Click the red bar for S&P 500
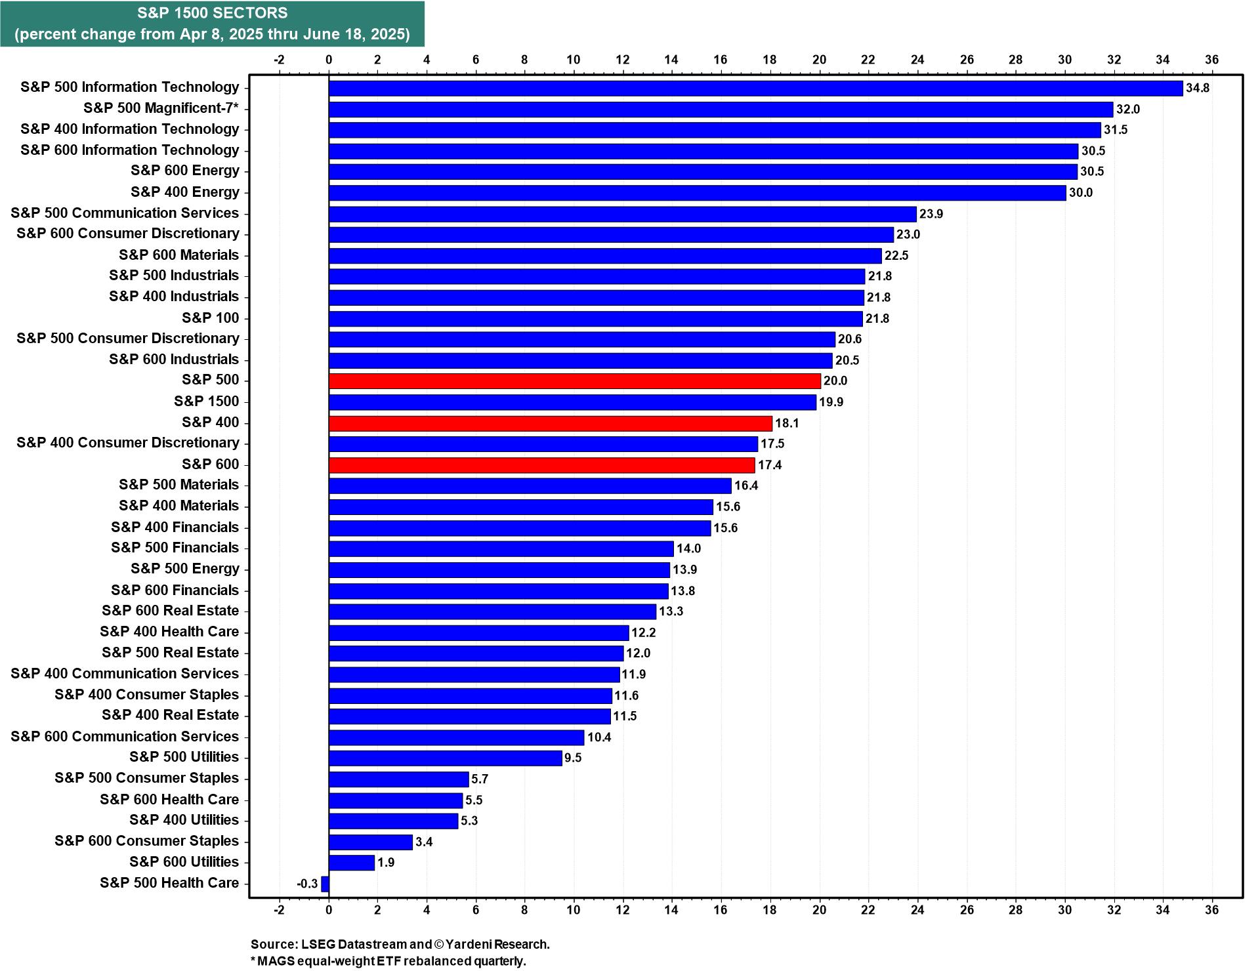click(x=574, y=381)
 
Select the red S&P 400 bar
click(x=550, y=423)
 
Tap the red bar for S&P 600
click(x=541, y=465)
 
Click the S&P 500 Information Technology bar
click(x=755, y=88)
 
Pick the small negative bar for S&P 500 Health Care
click(x=325, y=884)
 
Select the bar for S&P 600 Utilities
click(x=351, y=863)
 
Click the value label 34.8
click(x=1198, y=88)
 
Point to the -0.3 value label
click(x=307, y=884)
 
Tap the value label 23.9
click(x=931, y=214)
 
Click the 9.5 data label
click(x=573, y=758)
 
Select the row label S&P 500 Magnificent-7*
click(x=161, y=108)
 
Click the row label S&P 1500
click(x=207, y=402)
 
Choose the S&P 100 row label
click(x=211, y=318)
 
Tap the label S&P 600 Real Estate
click(x=171, y=611)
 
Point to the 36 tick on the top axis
click(x=1212, y=60)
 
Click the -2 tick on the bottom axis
click(x=279, y=910)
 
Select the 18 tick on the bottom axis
click(x=770, y=910)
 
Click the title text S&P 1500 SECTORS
click(x=212, y=13)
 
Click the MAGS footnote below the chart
click(x=388, y=961)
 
